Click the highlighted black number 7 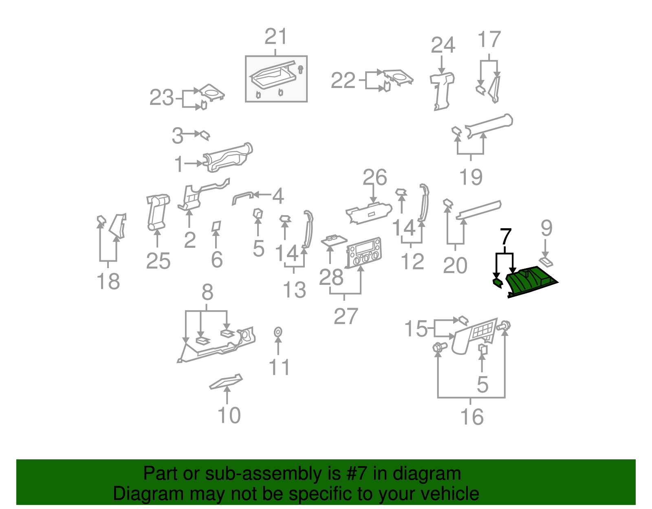(x=506, y=237)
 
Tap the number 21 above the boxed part (x=276, y=37)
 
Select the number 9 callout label (x=546, y=228)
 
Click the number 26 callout (x=375, y=178)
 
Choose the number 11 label (x=280, y=367)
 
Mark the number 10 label (x=229, y=415)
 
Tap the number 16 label (x=472, y=417)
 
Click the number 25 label (x=159, y=261)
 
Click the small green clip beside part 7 (x=498, y=282)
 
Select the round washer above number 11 (x=278, y=332)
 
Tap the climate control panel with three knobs (x=363, y=253)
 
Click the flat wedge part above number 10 (x=226, y=382)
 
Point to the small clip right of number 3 (x=205, y=135)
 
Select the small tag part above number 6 (x=216, y=226)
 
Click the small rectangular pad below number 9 (x=546, y=262)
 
